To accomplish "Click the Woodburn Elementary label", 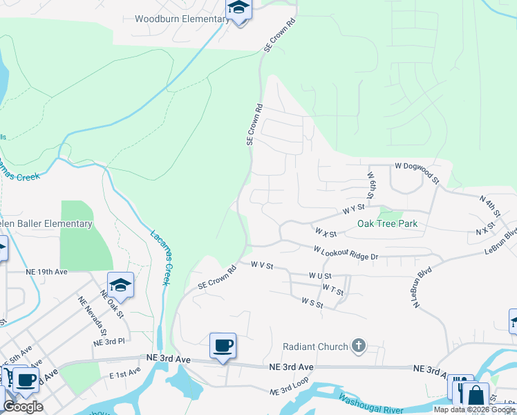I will [182, 19].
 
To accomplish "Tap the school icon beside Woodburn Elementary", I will [238, 8].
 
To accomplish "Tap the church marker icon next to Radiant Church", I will [358, 345].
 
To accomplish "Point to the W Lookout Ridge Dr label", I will [346, 253].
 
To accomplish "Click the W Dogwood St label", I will [417, 172].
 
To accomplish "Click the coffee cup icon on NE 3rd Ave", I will [222, 345].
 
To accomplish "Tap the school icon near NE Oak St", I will [120, 285].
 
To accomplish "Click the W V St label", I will [263, 265].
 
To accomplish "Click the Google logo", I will [23, 406].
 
